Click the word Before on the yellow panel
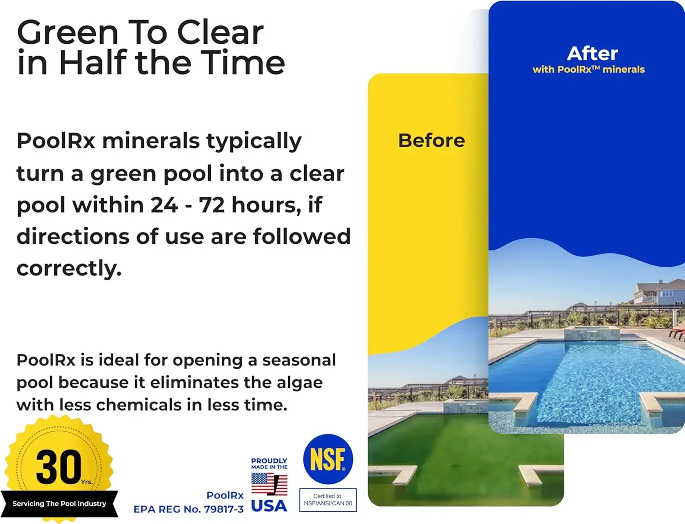[x=432, y=140]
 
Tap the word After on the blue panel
[x=592, y=53]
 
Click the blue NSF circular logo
[x=328, y=459]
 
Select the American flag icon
[x=269, y=484]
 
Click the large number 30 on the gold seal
[x=58, y=466]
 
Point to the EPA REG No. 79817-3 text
[x=188, y=509]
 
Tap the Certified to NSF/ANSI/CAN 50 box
[x=328, y=500]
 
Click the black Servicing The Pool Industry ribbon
[x=59, y=503]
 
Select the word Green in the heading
[x=68, y=33]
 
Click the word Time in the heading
[x=243, y=63]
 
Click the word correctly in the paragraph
[x=69, y=268]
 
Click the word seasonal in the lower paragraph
[x=299, y=360]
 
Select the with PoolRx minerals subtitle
[x=589, y=69]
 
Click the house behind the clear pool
[x=658, y=292]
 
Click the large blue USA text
[x=269, y=506]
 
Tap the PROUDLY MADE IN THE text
[x=269, y=463]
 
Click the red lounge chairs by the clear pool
[x=678, y=332]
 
